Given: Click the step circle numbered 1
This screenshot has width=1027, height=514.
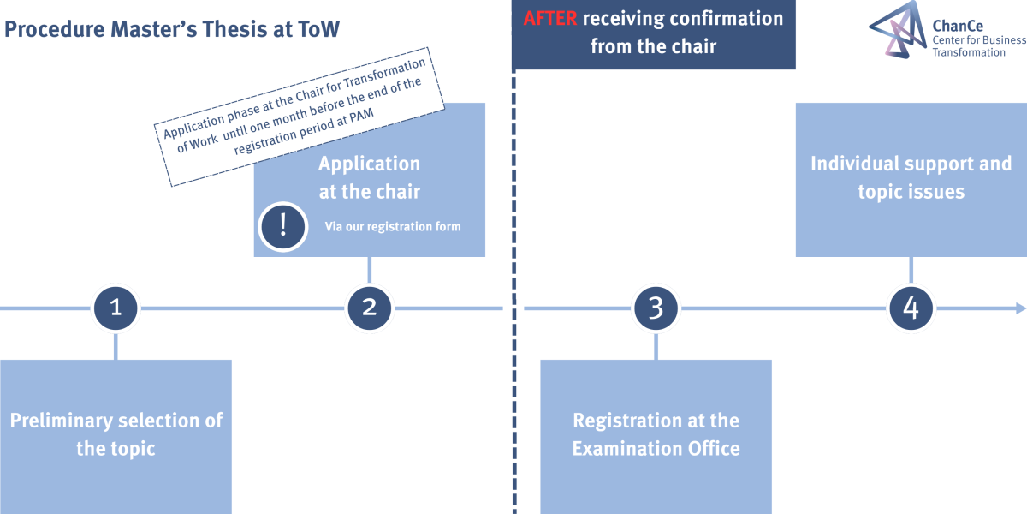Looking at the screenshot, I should [116, 308].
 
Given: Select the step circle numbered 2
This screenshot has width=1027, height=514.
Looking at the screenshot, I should [370, 308].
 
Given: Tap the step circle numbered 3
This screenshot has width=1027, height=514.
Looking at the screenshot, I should [656, 308].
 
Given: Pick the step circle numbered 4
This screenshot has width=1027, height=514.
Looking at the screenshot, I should [911, 308].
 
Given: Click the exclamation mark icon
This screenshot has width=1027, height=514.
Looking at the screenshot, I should [283, 226].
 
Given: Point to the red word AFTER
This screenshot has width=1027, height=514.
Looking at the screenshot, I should [549, 18].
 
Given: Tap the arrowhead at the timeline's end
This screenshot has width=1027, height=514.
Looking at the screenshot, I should [1021, 308].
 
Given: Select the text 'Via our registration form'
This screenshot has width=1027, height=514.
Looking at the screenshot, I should [393, 227].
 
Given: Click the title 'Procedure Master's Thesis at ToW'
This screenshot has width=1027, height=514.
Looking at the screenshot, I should [172, 29].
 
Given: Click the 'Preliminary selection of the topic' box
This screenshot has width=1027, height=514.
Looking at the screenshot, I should [116, 435].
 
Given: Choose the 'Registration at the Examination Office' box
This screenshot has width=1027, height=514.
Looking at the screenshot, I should [656, 435].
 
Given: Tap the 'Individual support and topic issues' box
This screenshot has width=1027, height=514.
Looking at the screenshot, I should [911, 178].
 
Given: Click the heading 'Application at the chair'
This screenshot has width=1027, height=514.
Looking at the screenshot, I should [370, 177].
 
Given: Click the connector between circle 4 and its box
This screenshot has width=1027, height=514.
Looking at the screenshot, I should [911, 271].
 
